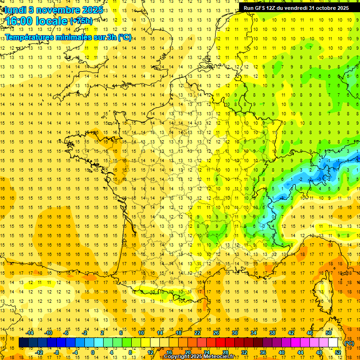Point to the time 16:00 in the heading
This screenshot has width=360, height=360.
[x=20, y=21]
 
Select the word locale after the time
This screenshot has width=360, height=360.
[x=53, y=21]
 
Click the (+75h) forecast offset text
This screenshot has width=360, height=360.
[x=81, y=21]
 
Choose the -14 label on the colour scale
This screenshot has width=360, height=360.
[x=30, y=333]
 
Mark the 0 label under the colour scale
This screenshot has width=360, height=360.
[x=92, y=352]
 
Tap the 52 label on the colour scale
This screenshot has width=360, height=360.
[x=337, y=352]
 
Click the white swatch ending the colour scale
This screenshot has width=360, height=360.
[x=333, y=343]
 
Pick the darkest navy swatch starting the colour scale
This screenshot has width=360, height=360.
[x=23, y=343]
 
